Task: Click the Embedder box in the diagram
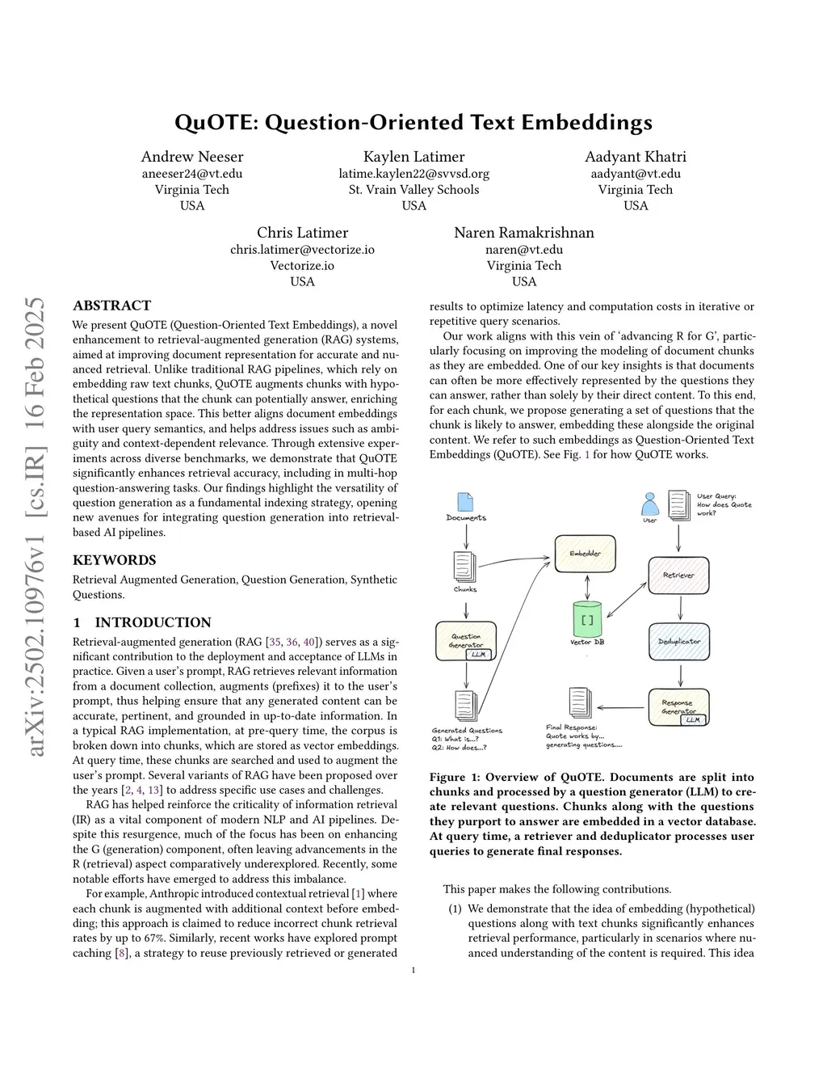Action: pyautogui.click(x=585, y=554)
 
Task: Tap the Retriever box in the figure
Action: pyautogui.click(x=678, y=575)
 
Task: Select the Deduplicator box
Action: pyautogui.click(x=678, y=642)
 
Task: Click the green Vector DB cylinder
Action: pyautogui.click(x=587, y=619)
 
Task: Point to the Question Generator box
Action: pyautogui.click(x=466, y=641)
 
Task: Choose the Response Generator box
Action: pyautogui.click(x=678, y=707)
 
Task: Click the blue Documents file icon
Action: pyautogui.click(x=465, y=502)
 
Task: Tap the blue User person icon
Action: pyautogui.click(x=650, y=505)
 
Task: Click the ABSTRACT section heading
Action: pyautogui.click(x=111, y=306)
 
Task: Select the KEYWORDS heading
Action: pyautogui.click(x=115, y=560)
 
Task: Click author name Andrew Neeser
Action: pyautogui.click(x=192, y=157)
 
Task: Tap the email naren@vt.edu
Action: pyautogui.click(x=524, y=250)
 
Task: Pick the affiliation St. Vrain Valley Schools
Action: pyautogui.click(x=413, y=190)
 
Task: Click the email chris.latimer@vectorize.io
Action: pyautogui.click(x=302, y=250)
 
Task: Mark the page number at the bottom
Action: pyautogui.click(x=413, y=971)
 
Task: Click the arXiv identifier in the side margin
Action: pyautogui.click(x=36, y=525)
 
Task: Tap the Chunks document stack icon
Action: pyautogui.click(x=464, y=565)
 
